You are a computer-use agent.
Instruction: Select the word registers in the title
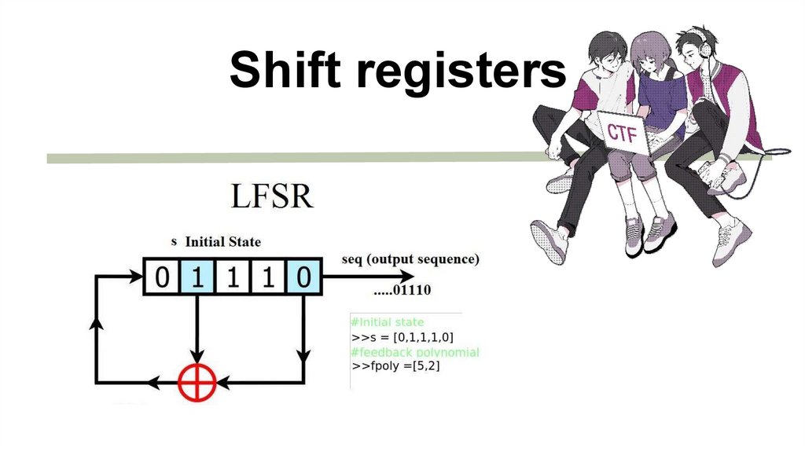point(462,72)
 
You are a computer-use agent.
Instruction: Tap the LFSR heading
point(272,196)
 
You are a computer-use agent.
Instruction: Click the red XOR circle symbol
point(196,383)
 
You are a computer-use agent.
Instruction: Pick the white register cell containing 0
point(162,277)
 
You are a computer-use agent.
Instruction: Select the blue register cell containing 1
point(197,277)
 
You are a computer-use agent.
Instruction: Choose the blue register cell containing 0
point(303,277)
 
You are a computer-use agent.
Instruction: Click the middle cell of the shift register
point(233,277)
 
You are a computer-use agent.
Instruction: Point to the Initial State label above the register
point(222,242)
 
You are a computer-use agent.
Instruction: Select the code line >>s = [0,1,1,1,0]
point(402,336)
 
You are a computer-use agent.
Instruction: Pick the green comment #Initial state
point(388,322)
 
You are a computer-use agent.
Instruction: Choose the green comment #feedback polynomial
point(415,351)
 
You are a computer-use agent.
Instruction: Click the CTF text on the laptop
point(622,133)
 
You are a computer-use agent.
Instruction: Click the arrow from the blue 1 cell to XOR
point(197,330)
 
